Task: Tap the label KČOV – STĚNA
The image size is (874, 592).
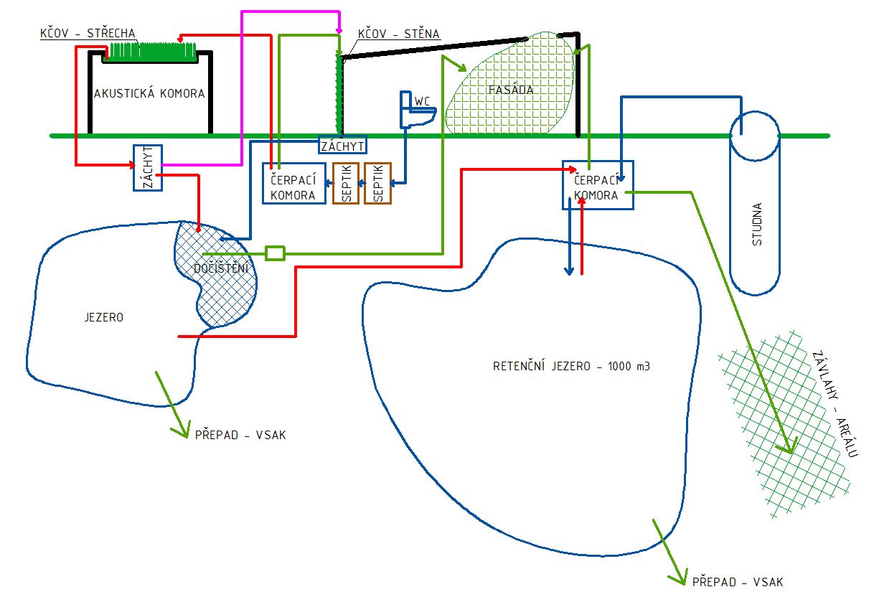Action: pyautogui.click(x=398, y=34)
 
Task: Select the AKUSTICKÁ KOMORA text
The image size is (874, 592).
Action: pyautogui.click(x=149, y=93)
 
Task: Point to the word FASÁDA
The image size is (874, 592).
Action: pyautogui.click(x=510, y=90)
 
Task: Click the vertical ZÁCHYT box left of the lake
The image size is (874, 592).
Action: pyautogui.click(x=148, y=168)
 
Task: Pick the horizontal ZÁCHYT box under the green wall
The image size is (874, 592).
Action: pyautogui.click(x=342, y=145)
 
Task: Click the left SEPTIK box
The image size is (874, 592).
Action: pyautogui.click(x=346, y=183)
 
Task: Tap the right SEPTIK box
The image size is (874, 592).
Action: pyautogui.click(x=377, y=183)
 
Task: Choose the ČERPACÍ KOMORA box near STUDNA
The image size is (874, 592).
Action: pyautogui.click(x=597, y=185)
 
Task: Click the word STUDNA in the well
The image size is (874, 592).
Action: pyautogui.click(x=756, y=225)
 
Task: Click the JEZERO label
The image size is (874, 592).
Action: pyautogui.click(x=104, y=316)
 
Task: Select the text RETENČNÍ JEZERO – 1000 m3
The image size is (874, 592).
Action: pyautogui.click(x=571, y=366)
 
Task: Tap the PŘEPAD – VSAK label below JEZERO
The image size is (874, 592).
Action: pyautogui.click(x=240, y=435)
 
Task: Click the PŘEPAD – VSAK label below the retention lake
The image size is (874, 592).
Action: pyautogui.click(x=737, y=581)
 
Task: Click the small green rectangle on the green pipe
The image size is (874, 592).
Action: pyautogui.click(x=275, y=253)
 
